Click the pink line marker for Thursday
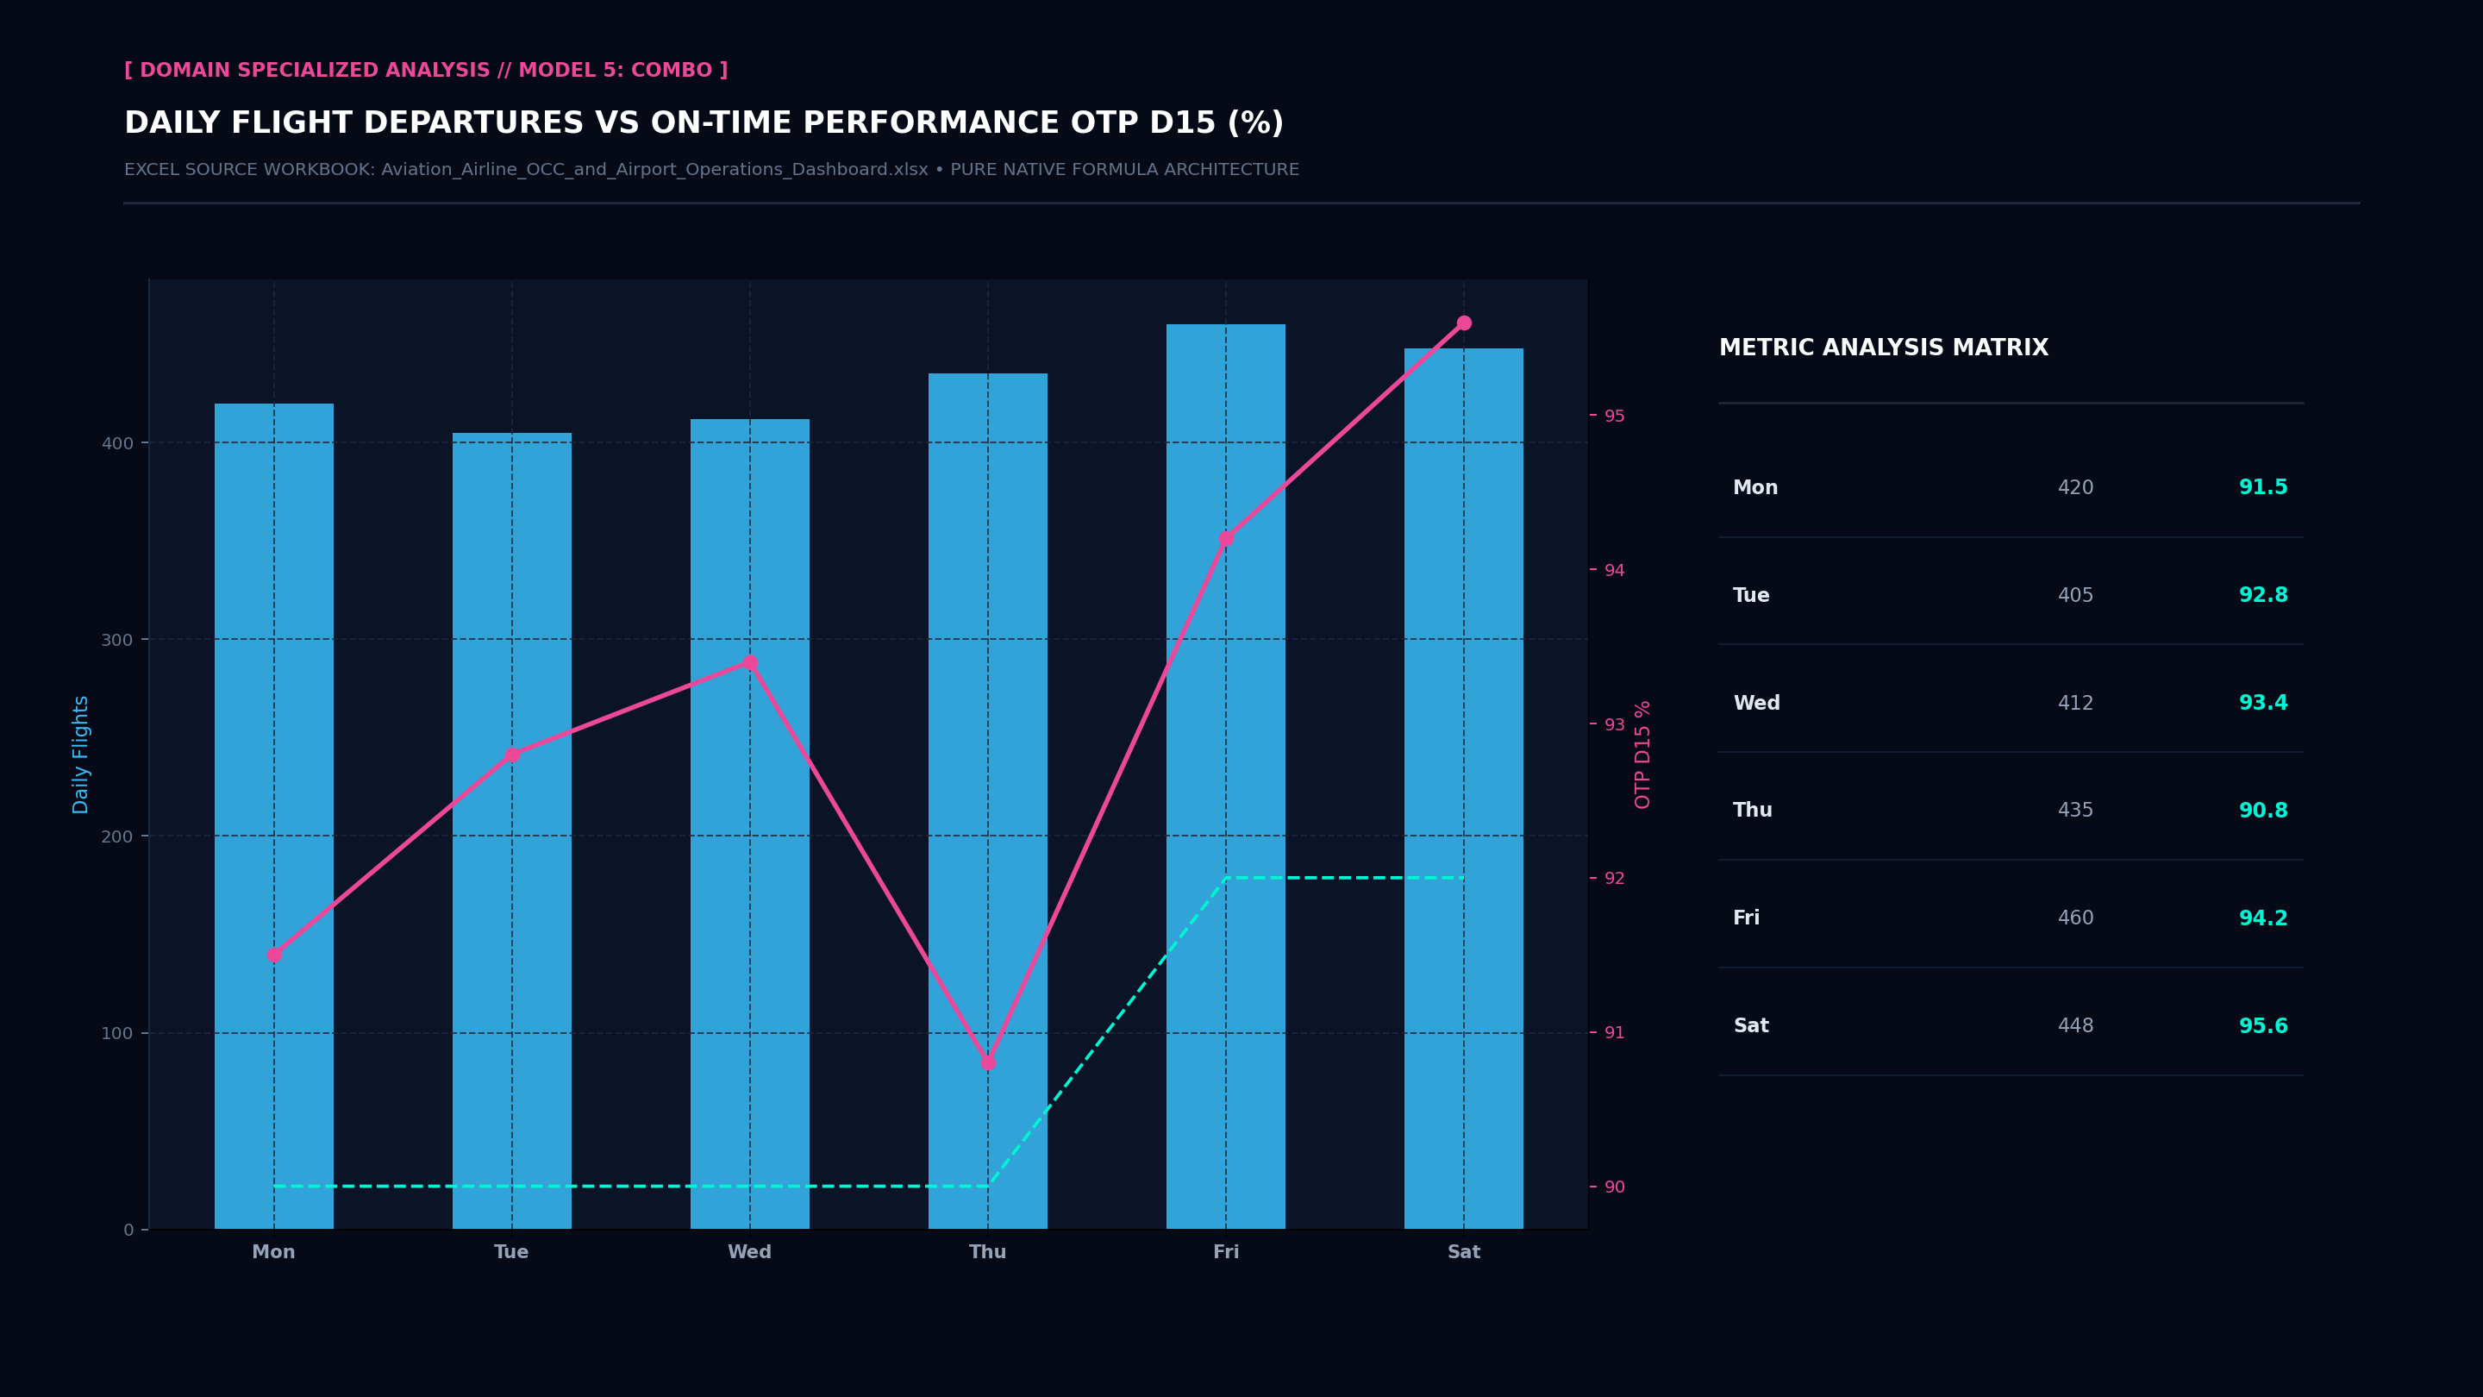988,1062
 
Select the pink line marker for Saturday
1464,323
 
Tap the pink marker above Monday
274,955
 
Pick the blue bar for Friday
1226,776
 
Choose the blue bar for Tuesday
512,831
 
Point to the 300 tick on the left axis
116,640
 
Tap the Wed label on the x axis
750,1252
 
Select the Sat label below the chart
1464,1252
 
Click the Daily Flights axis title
81,755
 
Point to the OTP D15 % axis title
1643,755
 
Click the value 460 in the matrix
2075,918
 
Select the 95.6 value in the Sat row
2263,1027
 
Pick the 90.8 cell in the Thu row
2263,811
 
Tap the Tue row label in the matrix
1751,596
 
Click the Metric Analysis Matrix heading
1884,348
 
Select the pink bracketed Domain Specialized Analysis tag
426,71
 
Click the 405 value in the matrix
2075,596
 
